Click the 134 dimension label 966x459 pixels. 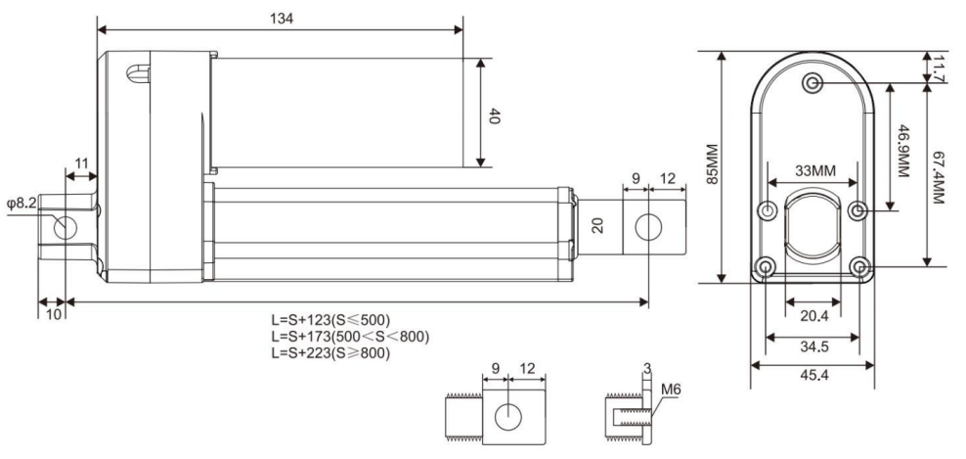coord(282,19)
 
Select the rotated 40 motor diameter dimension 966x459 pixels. coord(494,115)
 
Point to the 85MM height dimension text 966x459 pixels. coord(712,164)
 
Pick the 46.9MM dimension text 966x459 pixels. coord(902,151)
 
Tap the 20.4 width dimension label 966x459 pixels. coord(813,316)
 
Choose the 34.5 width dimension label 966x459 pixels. coord(813,346)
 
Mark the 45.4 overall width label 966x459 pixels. coord(813,375)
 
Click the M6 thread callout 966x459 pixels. coord(671,390)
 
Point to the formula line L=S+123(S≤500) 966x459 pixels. coord(330,320)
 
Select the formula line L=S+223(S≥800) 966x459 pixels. coord(330,354)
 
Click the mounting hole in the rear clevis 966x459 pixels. coord(65,228)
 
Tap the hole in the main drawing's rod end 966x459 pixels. coord(648,227)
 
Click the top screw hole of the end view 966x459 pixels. coord(812,82)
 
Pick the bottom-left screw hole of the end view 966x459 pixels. coord(766,268)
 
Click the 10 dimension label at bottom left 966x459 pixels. coord(54,313)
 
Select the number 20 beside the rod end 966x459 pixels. coord(596,226)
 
